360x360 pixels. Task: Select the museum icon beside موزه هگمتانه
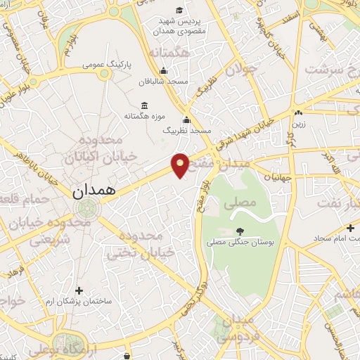click(x=144, y=105)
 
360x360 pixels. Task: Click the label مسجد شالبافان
click(x=164, y=82)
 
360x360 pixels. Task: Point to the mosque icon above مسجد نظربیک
click(x=186, y=120)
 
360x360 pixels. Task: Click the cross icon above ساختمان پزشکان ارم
click(x=79, y=290)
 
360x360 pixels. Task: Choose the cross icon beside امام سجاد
click(x=350, y=229)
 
